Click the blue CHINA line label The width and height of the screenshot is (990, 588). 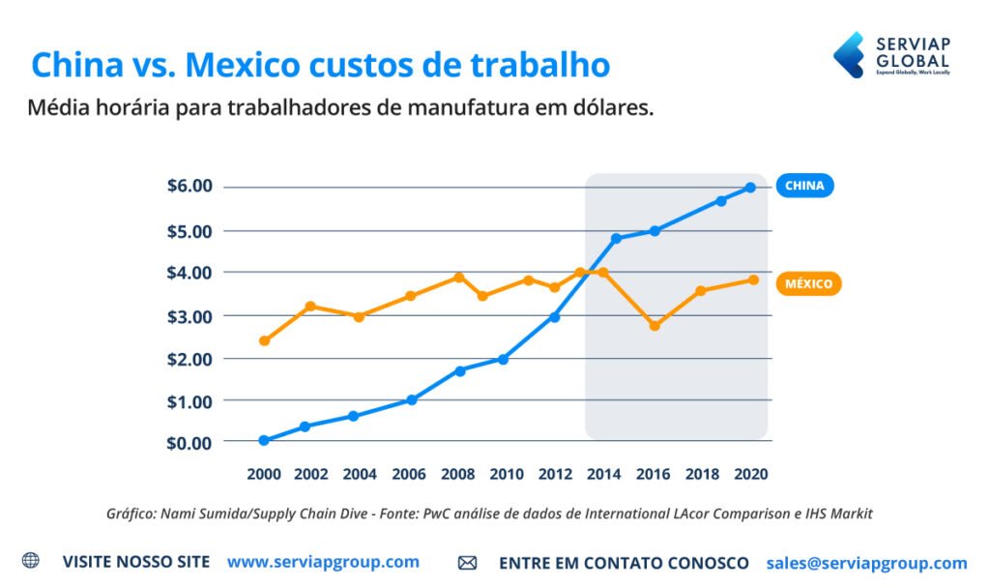coord(804,186)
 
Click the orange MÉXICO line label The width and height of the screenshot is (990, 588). coord(808,284)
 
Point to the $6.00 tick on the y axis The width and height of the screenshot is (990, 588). coord(189,186)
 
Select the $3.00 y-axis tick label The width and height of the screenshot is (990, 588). coord(189,316)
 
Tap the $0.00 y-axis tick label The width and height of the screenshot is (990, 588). coord(189,442)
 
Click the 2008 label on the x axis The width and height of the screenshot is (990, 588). coord(457,475)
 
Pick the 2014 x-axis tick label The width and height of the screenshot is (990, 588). coord(604,475)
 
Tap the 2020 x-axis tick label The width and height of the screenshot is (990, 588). coord(751,475)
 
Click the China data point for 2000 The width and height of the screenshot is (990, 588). coord(264,440)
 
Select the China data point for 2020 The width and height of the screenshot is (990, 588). coord(750,188)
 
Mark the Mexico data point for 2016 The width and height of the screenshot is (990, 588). coord(655,326)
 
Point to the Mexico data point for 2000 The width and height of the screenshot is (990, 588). coord(264,340)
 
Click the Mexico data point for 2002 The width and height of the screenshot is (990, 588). coord(310,307)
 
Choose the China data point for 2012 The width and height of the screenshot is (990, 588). coord(555,317)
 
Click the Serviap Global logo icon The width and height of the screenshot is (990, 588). coord(849,54)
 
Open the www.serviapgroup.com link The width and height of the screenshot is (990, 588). coord(323,562)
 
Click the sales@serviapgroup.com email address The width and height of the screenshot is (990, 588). coord(866,563)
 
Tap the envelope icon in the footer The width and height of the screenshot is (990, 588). coord(467,563)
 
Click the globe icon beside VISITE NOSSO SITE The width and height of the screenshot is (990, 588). coord(31,561)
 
